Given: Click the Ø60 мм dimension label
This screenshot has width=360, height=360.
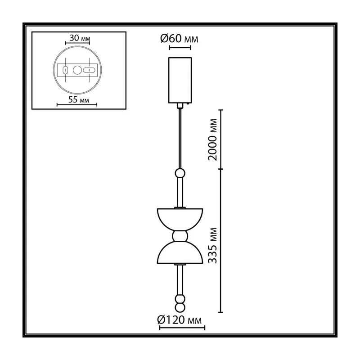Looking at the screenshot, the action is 179,38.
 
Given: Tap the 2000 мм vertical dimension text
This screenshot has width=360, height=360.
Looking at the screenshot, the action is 212,139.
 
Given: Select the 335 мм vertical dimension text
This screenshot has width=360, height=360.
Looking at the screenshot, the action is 212,245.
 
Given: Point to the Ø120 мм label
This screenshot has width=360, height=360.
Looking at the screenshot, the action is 179,320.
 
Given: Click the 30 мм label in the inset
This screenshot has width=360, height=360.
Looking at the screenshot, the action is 80,38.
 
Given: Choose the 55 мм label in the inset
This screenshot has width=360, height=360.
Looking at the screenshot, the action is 78,99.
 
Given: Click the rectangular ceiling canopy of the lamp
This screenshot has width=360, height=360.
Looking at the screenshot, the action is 180,80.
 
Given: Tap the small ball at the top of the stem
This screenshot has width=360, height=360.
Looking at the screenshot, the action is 180,173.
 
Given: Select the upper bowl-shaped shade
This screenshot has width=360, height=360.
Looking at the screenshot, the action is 180,220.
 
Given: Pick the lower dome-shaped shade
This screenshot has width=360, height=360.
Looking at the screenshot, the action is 180,252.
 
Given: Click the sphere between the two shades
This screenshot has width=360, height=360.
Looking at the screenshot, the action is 180,236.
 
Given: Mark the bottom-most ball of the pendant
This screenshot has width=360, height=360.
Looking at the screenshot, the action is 180,308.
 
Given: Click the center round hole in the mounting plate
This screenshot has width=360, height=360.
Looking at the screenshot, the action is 77,70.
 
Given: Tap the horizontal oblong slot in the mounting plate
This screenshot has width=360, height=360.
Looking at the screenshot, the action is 89,70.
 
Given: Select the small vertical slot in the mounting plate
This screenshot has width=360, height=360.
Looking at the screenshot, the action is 65,70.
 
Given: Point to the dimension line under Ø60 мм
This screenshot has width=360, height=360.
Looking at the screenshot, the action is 180,48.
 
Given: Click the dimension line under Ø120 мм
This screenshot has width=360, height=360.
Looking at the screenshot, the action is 182,328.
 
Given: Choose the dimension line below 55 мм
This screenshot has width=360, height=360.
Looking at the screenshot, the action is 77,105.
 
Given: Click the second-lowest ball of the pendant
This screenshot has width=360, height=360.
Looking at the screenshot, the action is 180,299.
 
